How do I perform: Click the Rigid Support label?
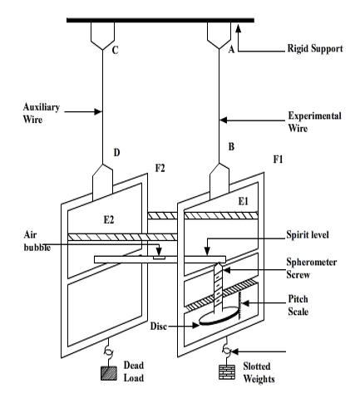tap(315, 48)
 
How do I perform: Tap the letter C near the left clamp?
tap(115, 50)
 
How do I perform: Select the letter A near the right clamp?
tap(231, 49)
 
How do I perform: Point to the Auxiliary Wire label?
tap(42, 113)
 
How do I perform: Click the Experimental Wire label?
tap(314, 122)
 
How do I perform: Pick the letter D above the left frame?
tap(116, 152)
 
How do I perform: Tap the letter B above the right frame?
tap(231, 146)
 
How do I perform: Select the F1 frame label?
tap(278, 160)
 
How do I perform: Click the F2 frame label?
tap(160, 168)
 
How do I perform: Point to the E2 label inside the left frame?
tap(109, 219)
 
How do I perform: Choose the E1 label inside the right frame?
tap(244, 201)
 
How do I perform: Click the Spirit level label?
tap(308, 235)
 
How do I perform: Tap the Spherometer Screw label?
tap(312, 268)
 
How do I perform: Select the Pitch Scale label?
tap(298, 305)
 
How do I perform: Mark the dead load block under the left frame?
tap(109, 373)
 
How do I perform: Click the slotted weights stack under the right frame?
tap(227, 371)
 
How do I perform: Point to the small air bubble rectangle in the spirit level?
tap(160, 258)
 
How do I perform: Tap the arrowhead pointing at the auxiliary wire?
tap(98, 111)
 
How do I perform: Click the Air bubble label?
tap(37, 241)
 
